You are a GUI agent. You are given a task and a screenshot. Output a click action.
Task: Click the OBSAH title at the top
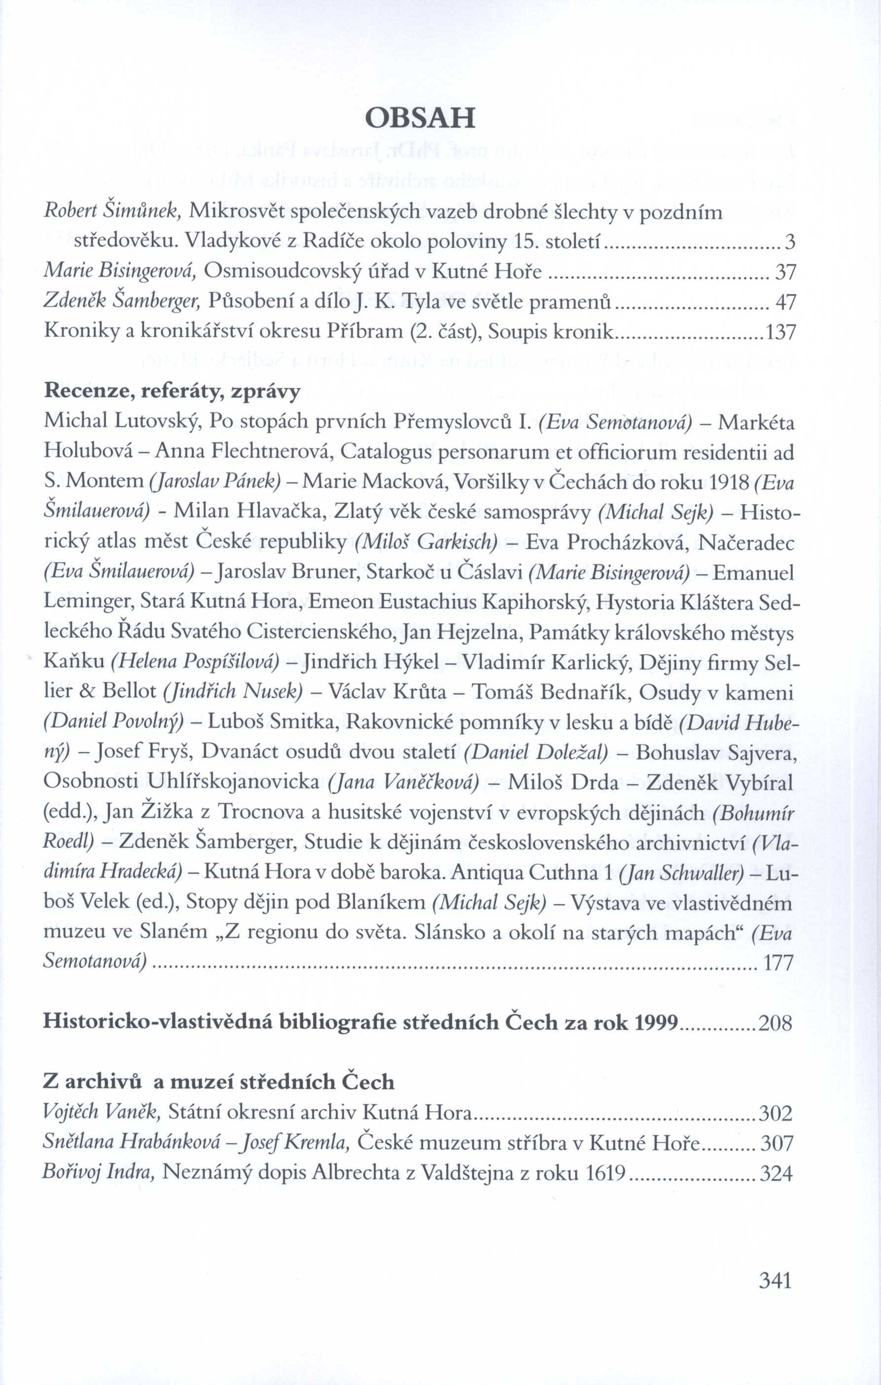[421, 118]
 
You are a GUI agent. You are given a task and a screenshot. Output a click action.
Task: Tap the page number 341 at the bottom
[775, 1280]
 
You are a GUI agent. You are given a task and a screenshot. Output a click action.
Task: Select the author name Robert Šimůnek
[113, 212]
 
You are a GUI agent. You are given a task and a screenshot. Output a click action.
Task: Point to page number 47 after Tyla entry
[785, 301]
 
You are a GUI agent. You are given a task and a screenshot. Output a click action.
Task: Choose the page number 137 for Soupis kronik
[780, 332]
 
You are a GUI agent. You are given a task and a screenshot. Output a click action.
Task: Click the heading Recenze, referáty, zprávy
[172, 392]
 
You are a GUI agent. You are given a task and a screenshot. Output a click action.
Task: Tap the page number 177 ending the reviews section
[778, 962]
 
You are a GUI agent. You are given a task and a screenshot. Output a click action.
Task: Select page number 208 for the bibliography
[776, 1022]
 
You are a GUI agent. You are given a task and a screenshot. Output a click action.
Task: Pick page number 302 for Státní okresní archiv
[776, 1114]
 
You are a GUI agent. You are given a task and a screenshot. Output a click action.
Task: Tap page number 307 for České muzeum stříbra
[777, 1143]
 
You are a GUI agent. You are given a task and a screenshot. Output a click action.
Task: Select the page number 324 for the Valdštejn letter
[777, 1173]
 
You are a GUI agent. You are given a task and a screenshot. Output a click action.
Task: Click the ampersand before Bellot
[86, 692]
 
